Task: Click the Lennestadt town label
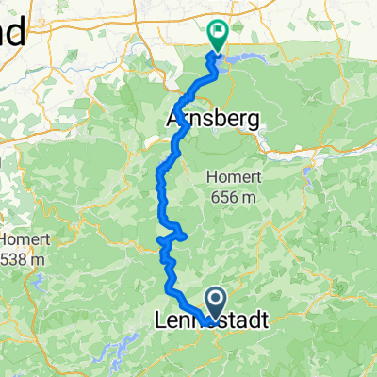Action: tap(210, 321)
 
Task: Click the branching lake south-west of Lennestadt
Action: tap(123, 353)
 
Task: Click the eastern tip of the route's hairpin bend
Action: tap(186, 236)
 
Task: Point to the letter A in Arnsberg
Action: tap(172, 120)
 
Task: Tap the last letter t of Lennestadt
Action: tap(263, 321)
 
